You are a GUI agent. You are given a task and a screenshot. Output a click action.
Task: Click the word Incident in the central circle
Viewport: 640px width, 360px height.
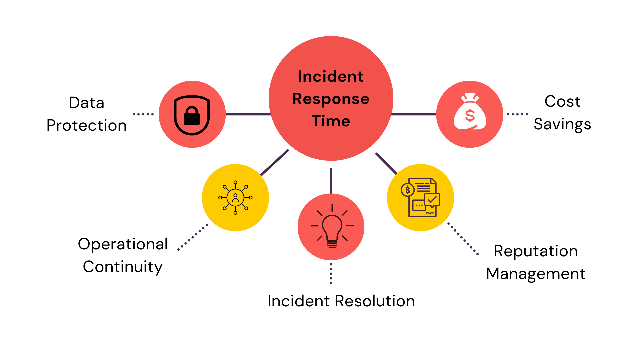pos(331,76)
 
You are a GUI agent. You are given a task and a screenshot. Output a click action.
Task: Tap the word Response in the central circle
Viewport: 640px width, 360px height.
pos(331,99)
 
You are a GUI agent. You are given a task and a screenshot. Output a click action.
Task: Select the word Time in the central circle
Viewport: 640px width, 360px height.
pos(331,121)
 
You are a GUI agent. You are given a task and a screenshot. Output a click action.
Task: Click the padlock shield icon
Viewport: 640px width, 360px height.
pos(192,115)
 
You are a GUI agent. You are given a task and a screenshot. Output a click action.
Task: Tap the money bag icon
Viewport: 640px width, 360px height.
pos(470,112)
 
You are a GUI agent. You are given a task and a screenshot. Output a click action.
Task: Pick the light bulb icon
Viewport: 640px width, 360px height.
pos(332,227)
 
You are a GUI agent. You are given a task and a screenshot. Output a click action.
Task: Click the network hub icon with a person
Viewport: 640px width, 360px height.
pos(235,198)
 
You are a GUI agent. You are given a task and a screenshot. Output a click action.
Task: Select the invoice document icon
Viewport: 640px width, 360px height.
pos(421,197)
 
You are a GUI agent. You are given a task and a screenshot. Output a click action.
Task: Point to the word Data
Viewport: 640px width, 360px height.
pos(86,103)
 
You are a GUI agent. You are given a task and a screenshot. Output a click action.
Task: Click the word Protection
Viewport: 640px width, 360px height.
pos(86,125)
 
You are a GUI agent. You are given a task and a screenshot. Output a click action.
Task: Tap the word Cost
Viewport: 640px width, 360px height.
pos(562,101)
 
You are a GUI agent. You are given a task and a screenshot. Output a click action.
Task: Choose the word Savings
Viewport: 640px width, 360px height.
pos(562,124)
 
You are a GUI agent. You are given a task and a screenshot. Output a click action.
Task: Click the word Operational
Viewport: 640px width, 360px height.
pos(123,244)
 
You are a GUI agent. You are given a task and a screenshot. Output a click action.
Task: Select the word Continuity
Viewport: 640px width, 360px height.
pos(123,267)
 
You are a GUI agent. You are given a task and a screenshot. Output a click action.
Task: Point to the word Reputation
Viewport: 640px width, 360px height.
pos(536,251)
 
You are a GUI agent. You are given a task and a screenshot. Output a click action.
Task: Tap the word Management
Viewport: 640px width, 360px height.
pos(536,274)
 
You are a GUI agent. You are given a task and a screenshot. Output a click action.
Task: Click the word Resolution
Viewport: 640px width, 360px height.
pos(375,301)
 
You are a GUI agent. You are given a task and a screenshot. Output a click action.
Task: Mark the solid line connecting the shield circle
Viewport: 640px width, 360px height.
pos(248,114)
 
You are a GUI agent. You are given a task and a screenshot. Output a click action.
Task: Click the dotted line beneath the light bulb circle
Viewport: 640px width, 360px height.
pos(331,274)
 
